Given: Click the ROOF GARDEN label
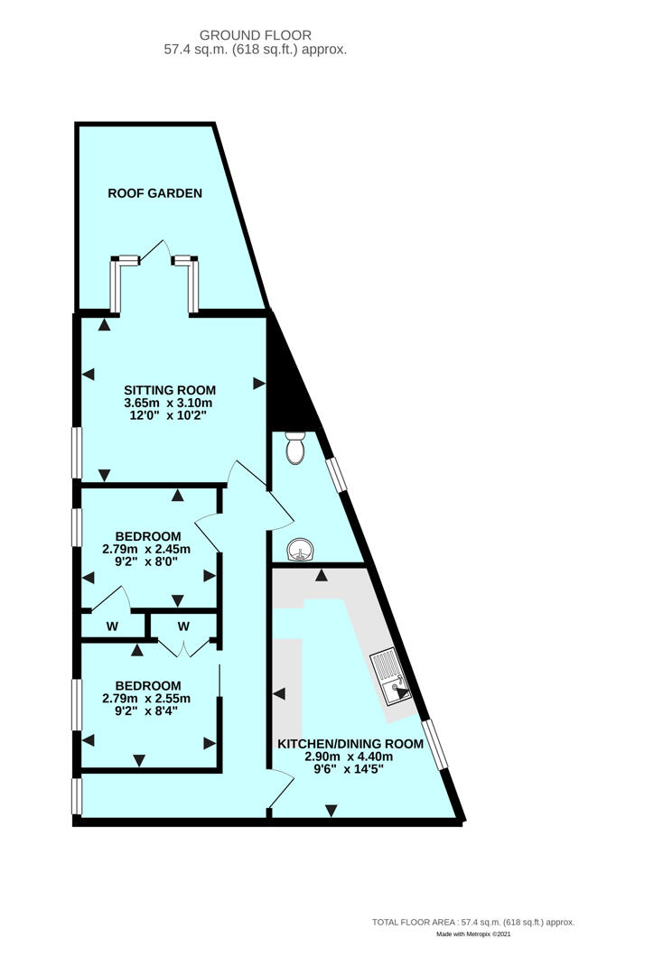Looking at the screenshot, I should (x=154, y=193).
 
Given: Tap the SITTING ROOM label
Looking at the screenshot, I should (x=170, y=390).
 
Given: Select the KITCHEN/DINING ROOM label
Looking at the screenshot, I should (x=350, y=744).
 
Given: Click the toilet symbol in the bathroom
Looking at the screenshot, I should (x=294, y=445).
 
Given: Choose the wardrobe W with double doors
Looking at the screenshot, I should (x=182, y=626).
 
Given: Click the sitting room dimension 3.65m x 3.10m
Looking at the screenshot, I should (x=170, y=403).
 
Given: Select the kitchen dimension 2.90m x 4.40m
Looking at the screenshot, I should (x=350, y=757).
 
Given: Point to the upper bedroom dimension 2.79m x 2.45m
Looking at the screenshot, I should (x=146, y=549).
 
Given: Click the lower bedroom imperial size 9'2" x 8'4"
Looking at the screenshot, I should (x=146, y=710).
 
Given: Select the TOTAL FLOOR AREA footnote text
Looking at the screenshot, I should (x=473, y=922).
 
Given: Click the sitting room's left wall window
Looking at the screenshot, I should (x=78, y=452).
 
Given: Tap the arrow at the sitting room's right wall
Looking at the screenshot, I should (x=259, y=384).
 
